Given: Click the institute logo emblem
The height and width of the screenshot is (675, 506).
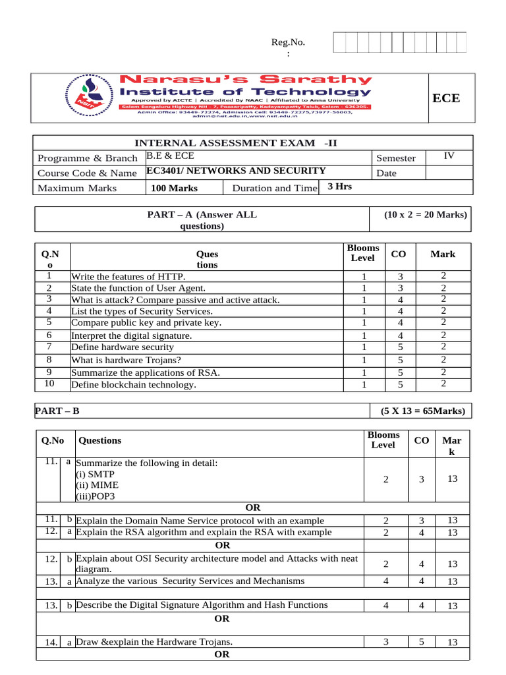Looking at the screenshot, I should [x=87, y=96].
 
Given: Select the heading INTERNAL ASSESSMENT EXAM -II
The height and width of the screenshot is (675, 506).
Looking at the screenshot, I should [x=236, y=143].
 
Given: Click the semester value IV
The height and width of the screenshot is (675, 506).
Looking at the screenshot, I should [x=449, y=156].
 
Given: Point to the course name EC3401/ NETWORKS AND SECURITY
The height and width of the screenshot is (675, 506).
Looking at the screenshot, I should [x=236, y=171].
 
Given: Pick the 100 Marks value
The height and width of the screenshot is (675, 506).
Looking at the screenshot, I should [x=174, y=188].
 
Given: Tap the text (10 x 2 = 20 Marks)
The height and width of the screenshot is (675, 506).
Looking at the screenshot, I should [x=425, y=214].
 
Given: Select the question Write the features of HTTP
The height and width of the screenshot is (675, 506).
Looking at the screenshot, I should [x=128, y=276].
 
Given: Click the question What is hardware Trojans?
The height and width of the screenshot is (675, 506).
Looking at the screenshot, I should [x=126, y=360].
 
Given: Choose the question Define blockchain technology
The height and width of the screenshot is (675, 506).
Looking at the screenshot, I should [x=134, y=384].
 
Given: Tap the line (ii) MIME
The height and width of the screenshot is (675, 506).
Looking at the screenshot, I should [x=94, y=485].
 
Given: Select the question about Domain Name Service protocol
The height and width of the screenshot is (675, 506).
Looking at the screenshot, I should [x=200, y=521].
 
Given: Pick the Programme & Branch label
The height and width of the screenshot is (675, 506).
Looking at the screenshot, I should [x=88, y=158].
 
